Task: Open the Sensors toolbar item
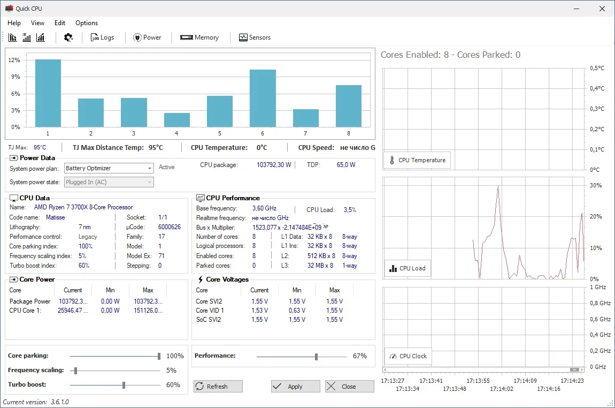(x=255, y=37)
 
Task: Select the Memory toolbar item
(x=199, y=37)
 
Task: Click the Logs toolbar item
(x=102, y=37)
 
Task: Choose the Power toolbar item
(x=147, y=37)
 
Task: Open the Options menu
(x=87, y=23)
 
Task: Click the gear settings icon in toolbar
(x=68, y=37)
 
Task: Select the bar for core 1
(x=48, y=93)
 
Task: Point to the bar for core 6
(x=263, y=98)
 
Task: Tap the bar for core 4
(x=177, y=120)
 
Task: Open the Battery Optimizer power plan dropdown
(x=109, y=168)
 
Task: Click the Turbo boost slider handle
(x=124, y=385)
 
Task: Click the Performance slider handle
(x=316, y=356)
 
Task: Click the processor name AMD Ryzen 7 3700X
(x=83, y=207)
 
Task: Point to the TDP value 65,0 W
(x=346, y=165)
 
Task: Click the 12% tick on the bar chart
(x=14, y=60)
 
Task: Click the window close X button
(x=602, y=9)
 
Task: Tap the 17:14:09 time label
(x=525, y=381)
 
